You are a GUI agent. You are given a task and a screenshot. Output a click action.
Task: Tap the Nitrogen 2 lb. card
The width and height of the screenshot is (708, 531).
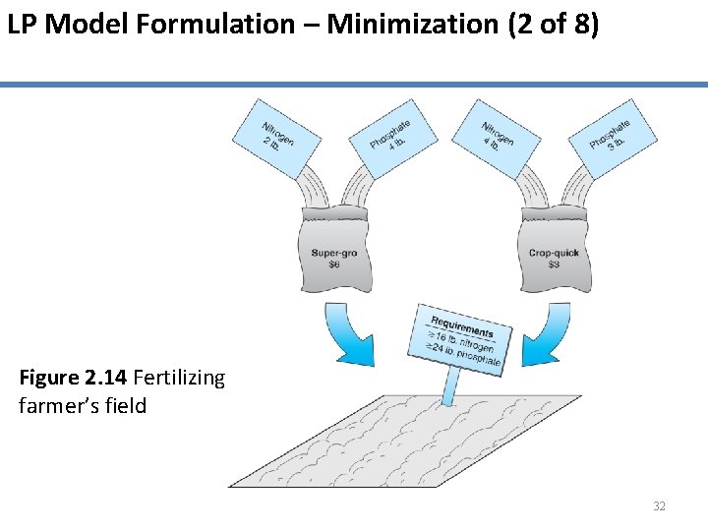pyautogui.click(x=276, y=137)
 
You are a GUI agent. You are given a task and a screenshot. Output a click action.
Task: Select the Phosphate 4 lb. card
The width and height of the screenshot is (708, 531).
pyautogui.click(x=390, y=137)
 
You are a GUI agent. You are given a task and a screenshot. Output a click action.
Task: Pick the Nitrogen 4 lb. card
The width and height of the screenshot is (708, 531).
pyautogui.click(x=497, y=137)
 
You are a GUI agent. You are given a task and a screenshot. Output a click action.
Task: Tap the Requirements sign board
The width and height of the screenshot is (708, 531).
pyautogui.click(x=463, y=340)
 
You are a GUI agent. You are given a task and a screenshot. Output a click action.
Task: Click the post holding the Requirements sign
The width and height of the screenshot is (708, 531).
pyautogui.click(x=450, y=387)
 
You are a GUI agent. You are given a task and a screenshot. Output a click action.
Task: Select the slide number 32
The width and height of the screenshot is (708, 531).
pyautogui.click(x=659, y=506)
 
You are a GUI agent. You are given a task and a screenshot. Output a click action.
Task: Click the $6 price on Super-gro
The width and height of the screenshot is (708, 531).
pyautogui.click(x=334, y=265)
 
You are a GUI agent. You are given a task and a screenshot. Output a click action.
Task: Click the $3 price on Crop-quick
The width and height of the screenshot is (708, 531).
pyautogui.click(x=554, y=265)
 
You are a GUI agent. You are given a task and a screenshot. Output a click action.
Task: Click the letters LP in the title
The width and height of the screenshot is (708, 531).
pyautogui.click(x=23, y=25)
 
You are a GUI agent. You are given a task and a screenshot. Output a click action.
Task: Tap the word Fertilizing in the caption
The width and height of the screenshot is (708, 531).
pyautogui.click(x=178, y=378)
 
